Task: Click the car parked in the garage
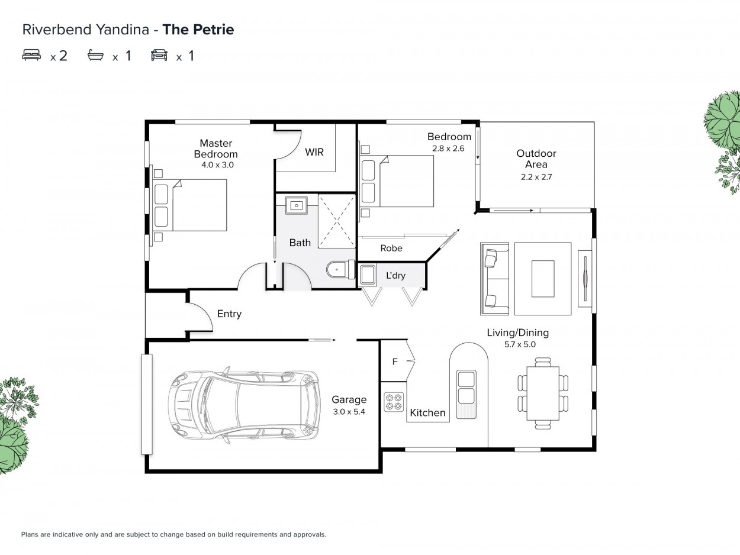coord(244,404)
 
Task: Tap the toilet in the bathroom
coord(340,270)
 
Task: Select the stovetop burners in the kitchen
coord(394,402)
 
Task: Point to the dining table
coord(543,393)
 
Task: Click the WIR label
coord(314,152)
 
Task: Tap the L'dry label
coord(395,276)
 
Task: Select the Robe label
coord(391,249)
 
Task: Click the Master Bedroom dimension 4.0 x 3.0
coord(217,164)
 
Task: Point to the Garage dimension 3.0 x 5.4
coord(349,411)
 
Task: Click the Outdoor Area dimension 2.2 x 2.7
coord(536,177)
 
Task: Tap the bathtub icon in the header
coord(95,55)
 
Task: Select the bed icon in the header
coord(31,55)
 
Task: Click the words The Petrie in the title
coord(198,30)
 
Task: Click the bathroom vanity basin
coord(297,205)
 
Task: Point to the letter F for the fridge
coord(395,362)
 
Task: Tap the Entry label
coord(229,314)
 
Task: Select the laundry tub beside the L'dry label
coord(368,275)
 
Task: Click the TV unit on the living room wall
coord(585,279)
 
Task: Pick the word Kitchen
coord(427,413)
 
